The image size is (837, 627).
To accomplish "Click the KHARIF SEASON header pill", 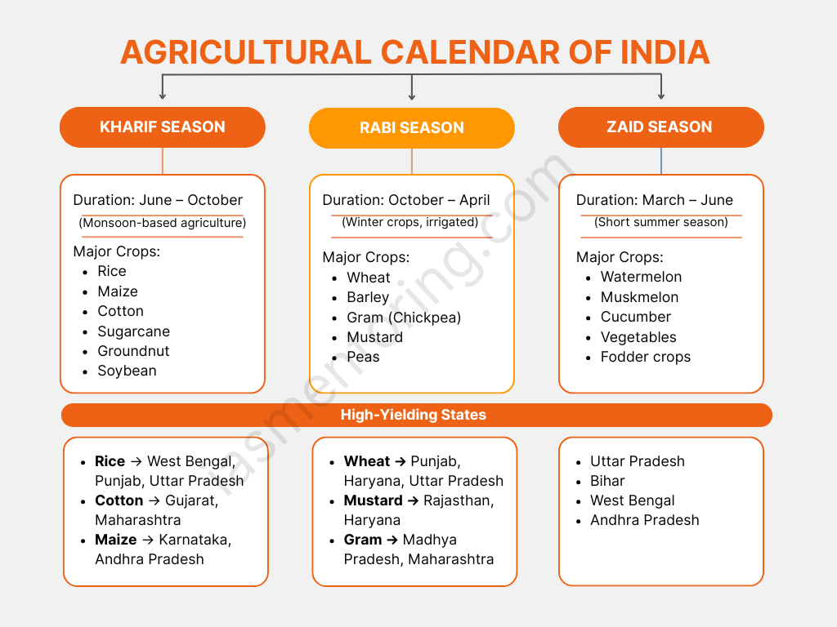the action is coord(163,127).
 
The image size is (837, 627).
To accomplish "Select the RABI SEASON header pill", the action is coord(412,128).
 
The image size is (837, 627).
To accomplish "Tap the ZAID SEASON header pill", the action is coord(660,127).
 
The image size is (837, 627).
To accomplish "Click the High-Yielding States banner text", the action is coord(413,415).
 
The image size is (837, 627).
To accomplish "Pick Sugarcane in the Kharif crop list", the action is coord(133,331).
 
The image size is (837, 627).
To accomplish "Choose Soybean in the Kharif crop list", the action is coord(127,371).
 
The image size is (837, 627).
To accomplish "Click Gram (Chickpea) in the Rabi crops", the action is coord(404,318).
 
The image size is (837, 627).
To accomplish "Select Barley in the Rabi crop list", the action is coord(368,297).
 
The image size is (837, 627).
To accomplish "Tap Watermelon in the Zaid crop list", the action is coord(641,277).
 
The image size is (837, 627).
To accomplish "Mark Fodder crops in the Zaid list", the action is coord(646,358).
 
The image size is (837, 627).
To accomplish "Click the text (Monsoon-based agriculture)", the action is coord(163,223).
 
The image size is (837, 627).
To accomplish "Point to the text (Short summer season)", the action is coord(660,222).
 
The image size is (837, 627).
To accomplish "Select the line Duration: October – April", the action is coord(405,200).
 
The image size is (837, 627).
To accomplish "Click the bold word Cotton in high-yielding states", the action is coord(119,500).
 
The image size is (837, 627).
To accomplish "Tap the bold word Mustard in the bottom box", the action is coord(373,500).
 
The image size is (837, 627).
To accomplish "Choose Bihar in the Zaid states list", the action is coord(607,481).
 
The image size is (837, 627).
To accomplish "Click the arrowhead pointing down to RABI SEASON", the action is coord(412,96).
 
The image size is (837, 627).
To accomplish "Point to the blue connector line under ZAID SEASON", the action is coord(660,161).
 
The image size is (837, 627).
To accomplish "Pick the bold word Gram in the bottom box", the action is coord(363,540).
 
